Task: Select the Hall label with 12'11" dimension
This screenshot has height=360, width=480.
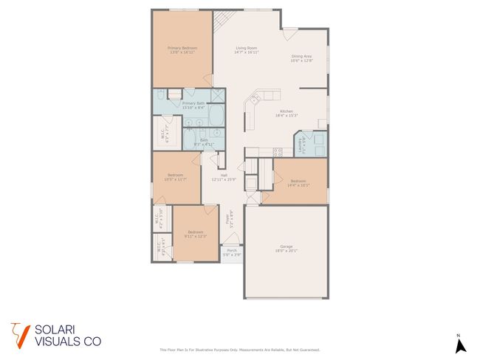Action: [223, 176]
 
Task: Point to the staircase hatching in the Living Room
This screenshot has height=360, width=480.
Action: [221, 21]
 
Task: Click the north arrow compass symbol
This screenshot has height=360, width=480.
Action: [459, 345]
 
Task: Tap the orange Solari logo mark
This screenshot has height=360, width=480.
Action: [19, 333]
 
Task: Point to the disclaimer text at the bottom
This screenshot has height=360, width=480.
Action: [240, 350]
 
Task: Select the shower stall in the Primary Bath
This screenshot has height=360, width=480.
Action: [219, 94]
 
